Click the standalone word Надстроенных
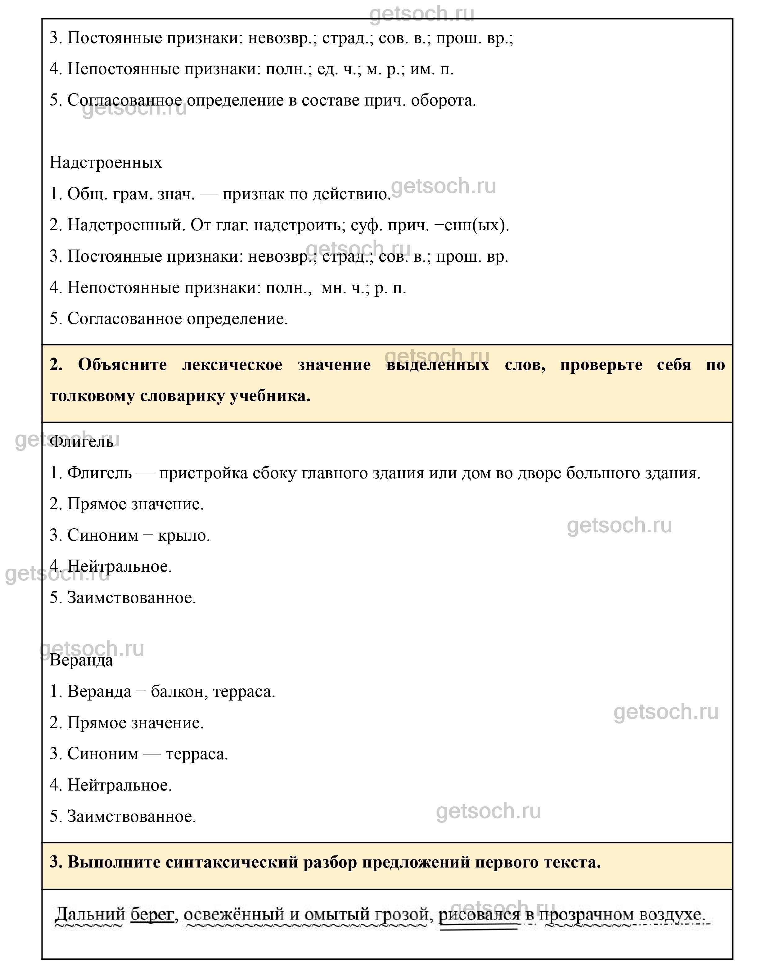click(106, 162)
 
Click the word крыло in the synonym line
click(184, 535)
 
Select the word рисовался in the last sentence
click(479, 915)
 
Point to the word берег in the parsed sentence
click(152, 915)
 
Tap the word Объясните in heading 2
click(122, 365)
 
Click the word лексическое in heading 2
click(232, 365)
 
